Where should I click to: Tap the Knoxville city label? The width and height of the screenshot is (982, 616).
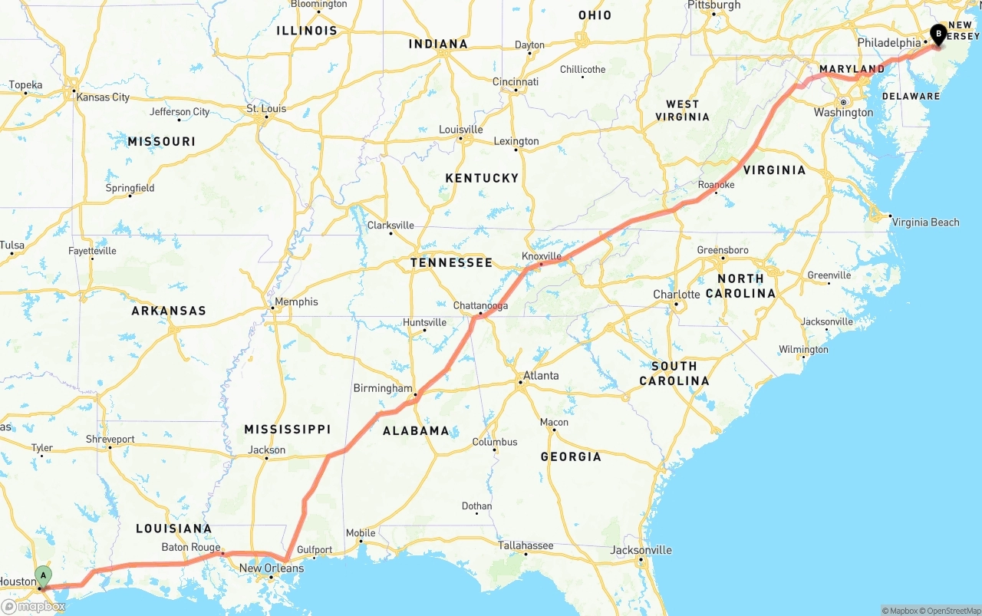coord(542,256)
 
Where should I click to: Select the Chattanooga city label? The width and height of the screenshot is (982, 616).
coord(480,305)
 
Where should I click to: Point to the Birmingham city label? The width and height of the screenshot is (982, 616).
coord(383,388)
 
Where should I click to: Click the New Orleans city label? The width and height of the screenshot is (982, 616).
coord(272,568)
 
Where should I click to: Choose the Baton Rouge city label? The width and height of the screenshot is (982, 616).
coord(191,548)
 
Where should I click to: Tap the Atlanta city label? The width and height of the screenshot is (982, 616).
coord(541,376)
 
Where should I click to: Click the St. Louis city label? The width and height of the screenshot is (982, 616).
coord(266,109)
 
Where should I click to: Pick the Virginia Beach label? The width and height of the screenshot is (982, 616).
coord(926,222)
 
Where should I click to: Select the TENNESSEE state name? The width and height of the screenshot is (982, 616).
coord(451,262)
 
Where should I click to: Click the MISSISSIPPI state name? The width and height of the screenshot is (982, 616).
coord(288,429)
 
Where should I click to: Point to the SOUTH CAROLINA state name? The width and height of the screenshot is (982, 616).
coord(674,374)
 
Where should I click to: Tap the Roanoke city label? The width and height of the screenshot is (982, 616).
coord(717,185)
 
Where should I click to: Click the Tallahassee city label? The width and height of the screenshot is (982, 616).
coord(526,545)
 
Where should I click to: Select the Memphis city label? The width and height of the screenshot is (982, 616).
coord(296,301)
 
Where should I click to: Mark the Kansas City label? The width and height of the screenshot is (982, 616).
coord(103,97)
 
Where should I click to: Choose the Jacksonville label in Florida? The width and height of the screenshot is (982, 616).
coord(641,550)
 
